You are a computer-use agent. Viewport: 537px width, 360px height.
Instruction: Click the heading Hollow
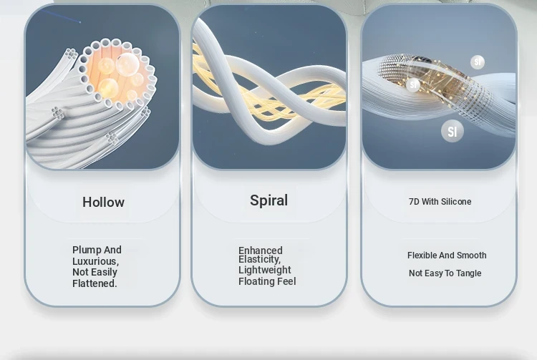pos(103,202)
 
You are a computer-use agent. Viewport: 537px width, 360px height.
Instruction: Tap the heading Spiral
pos(268,200)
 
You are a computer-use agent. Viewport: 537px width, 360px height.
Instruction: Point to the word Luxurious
pos(95,261)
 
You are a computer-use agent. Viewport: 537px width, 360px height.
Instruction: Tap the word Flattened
pos(95,283)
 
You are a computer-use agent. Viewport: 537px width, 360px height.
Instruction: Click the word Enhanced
pos(261,250)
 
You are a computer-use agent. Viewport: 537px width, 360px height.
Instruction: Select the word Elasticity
pos(260,259)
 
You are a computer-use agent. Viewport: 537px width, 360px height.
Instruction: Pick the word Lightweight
pos(265,270)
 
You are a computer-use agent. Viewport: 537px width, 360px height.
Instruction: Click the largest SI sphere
pos(453,131)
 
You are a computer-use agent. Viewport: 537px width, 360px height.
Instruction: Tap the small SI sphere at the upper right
pos(478,62)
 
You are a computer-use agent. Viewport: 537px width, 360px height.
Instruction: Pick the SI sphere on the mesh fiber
pos(413,84)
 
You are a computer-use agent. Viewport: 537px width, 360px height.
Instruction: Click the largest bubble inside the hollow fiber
pos(127,64)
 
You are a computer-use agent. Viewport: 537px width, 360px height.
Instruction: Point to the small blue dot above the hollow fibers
pos(80,22)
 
